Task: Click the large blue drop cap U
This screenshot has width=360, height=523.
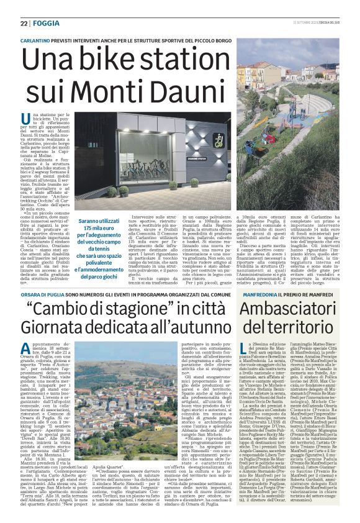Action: point(25,119)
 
